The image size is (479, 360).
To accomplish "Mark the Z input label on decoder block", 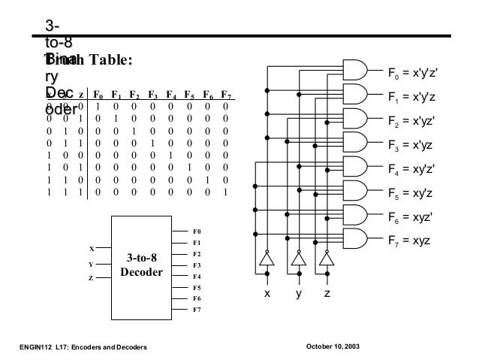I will [x=92, y=278].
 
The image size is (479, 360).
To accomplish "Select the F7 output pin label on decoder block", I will [x=197, y=309].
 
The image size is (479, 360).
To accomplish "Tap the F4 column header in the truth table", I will [x=171, y=96].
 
